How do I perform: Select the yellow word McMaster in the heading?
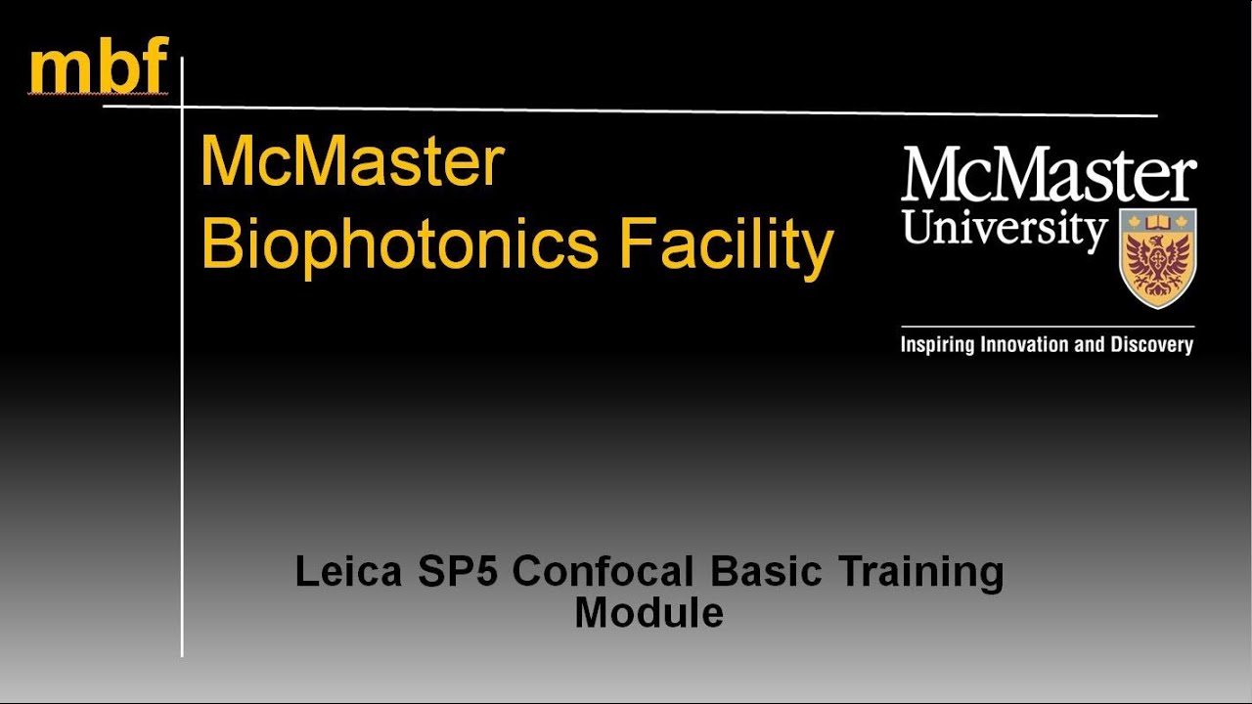tap(352, 163)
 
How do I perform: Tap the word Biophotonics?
tap(399, 244)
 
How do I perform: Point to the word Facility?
tap(725, 244)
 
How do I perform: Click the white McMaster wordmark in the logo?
tap(1049, 176)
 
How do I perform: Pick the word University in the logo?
tap(1005, 228)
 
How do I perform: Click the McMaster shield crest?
tap(1157, 257)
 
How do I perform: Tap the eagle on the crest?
tap(1157, 262)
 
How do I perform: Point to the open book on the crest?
tap(1157, 221)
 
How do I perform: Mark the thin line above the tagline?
tap(1047, 327)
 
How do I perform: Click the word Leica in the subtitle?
tap(348, 572)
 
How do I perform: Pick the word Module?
tap(648, 613)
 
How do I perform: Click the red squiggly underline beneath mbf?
tap(99, 95)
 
